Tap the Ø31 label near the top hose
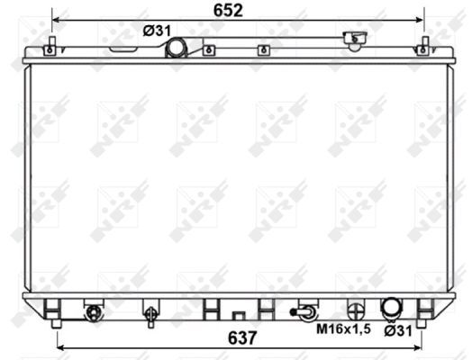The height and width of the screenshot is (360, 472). point(158,31)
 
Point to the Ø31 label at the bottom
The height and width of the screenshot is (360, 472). point(397,330)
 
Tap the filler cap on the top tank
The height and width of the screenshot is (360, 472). point(354,40)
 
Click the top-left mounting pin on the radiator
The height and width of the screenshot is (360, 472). point(53,45)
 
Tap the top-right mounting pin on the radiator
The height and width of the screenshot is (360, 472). point(423,45)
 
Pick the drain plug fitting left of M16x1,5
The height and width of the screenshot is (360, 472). point(304,312)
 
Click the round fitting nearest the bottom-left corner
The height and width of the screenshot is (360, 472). point(92,312)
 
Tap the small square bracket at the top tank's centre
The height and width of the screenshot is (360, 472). point(209,51)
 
